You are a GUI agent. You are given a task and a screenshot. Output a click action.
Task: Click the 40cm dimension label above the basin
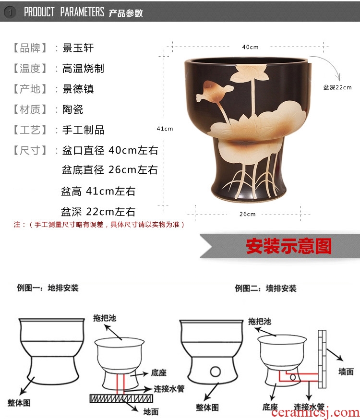pyautogui.click(x=250, y=47)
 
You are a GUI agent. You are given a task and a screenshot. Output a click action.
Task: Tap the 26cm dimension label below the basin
pyautogui.click(x=248, y=214)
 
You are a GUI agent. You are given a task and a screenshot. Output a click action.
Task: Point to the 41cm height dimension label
pyautogui.click(x=165, y=129)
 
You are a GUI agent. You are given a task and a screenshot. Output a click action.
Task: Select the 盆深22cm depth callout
pyautogui.click(x=337, y=87)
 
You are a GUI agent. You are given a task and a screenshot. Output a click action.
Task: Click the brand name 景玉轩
pyautogui.click(x=78, y=48)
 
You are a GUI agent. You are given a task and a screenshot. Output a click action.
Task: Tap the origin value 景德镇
pyautogui.click(x=78, y=89)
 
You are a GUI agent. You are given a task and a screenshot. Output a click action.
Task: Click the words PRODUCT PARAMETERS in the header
pyautogui.click(x=64, y=12)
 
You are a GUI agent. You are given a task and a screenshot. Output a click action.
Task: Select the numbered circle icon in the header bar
pyautogui.click(x=10, y=12)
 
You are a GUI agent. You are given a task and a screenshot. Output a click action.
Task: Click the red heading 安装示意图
pyautogui.click(x=289, y=246)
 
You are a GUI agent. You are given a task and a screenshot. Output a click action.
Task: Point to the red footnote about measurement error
pyautogui.click(x=99, y=225)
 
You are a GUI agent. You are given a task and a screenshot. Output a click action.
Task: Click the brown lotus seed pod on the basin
pyautogui.click(x=214, y=92)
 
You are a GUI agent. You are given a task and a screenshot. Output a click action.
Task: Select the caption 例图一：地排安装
pyautogui.click(x=48, y=288)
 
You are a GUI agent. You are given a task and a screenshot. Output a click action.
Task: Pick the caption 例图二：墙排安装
pyautogui.click(x=266, y=288)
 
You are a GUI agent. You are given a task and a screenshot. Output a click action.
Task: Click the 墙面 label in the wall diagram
pyautogui.click(x=346, y=372)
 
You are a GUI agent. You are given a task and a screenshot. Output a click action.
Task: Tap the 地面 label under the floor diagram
pyautogui.click(x=151, y=412)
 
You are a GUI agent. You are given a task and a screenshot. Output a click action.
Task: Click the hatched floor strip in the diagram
pyautogui.click(x=121, y=398)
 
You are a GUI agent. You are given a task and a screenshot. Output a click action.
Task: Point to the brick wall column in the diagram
pyautogui.click(x=322, y=359)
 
